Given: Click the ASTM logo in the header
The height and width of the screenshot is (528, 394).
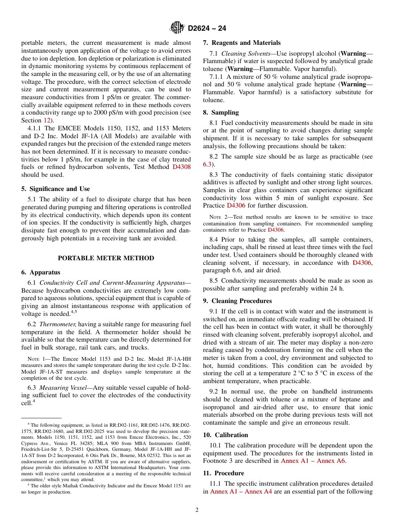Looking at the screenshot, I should [177, 28].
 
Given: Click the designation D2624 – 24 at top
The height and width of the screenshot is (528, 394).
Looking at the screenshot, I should [207, 28].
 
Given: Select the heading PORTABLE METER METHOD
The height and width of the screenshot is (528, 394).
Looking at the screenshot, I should [106, 258].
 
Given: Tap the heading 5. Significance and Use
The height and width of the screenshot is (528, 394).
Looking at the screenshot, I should [56, 189].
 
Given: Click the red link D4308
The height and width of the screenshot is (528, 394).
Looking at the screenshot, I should [182, 167].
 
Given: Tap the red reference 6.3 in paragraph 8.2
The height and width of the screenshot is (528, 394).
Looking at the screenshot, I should [207, 164].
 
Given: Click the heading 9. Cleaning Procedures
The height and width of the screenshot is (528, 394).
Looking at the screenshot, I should [237, 301].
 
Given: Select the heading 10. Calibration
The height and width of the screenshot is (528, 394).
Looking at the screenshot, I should [225, 435].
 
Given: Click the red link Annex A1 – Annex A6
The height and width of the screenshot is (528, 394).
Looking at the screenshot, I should [313, 461].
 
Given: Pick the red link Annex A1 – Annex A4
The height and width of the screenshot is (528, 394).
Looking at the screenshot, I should [241, 491].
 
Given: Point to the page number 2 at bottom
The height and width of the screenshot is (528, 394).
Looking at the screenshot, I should [197, 510].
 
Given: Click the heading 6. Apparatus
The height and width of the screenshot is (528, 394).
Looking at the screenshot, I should [41, 272].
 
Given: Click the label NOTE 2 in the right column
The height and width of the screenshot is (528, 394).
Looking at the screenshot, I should [218, 217].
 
